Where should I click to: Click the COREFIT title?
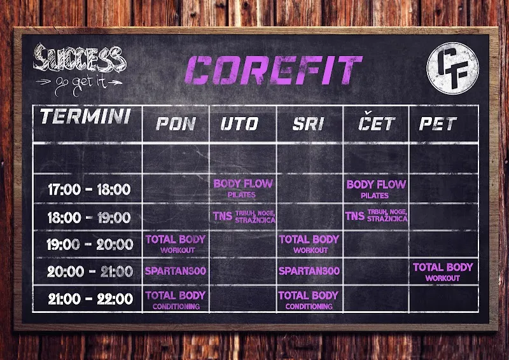coord(274,70)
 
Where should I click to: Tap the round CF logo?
coord(452,68)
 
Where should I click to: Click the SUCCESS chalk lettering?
coord(79,58)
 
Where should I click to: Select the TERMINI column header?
coord(85,116)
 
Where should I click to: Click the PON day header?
coord(176,123)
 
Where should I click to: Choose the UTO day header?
coord(239,123)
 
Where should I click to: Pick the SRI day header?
coord(308,123)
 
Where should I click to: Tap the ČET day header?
coord(376,121)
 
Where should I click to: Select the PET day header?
coord(438,123)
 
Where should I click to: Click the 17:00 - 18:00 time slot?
coord(89,190)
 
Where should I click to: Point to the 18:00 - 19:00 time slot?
coord(89,218)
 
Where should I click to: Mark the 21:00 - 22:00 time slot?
coord(90,299)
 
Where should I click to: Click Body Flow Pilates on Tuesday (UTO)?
coord(243,189)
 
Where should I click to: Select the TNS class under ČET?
coord(376,216)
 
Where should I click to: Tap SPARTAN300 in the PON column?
coord(176,271)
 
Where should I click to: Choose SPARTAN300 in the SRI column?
coord(309,271)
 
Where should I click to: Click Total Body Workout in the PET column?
coord(443,272)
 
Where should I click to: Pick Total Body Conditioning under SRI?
coord(309,300)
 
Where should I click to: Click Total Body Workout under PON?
coord(176,244)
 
